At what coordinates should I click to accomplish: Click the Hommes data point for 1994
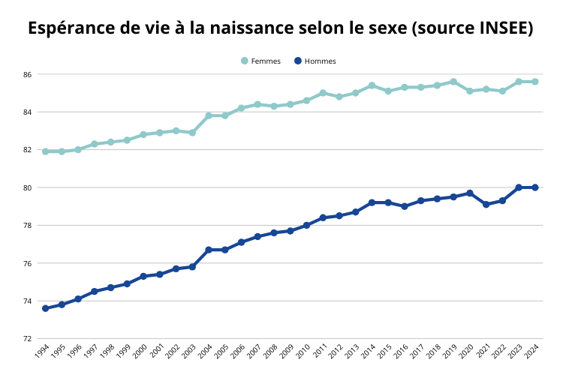click(x=45, y=308)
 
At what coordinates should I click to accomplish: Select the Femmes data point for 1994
click(x=45, y=151)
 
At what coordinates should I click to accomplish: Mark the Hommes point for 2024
click(x=535, y=187)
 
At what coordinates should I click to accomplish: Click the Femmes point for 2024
click(x=535, y=82)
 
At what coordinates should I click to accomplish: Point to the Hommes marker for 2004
click(x=209, y=250)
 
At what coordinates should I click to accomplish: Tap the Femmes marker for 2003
click(x=192, y=133)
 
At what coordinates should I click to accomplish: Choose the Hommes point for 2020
click(x=470, y=193)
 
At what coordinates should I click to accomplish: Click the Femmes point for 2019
click(x=453, y=82)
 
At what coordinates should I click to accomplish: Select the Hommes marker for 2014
click(x=372, y=202)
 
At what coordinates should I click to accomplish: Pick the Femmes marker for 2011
click(x=323, y=93)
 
